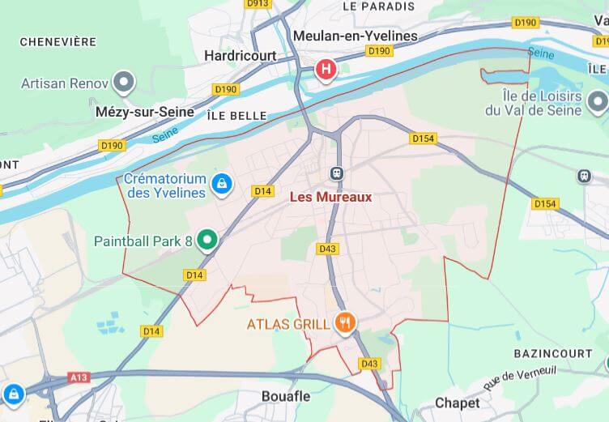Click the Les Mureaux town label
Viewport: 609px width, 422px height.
pos(330,197)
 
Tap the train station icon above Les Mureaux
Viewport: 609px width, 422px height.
pos(337,173)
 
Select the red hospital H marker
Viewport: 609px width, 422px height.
pos(326,70)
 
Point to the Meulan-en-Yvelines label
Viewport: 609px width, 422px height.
pos(355,36)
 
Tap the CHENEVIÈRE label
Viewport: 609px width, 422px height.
pos(57,41)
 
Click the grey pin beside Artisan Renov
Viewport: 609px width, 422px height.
pos(124,81)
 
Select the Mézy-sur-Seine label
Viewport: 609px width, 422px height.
pos(145,112)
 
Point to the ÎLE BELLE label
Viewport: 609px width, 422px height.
pos(236,116)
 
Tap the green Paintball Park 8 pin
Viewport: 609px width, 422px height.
pos(208,240)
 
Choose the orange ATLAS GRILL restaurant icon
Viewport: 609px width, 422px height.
pos(346,323)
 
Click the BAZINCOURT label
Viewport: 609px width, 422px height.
pos(548,354)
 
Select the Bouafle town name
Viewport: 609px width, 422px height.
pos(287,396)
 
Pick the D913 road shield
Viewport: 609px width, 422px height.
pos(257,4)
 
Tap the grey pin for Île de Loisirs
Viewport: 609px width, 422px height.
pos(598,101)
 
